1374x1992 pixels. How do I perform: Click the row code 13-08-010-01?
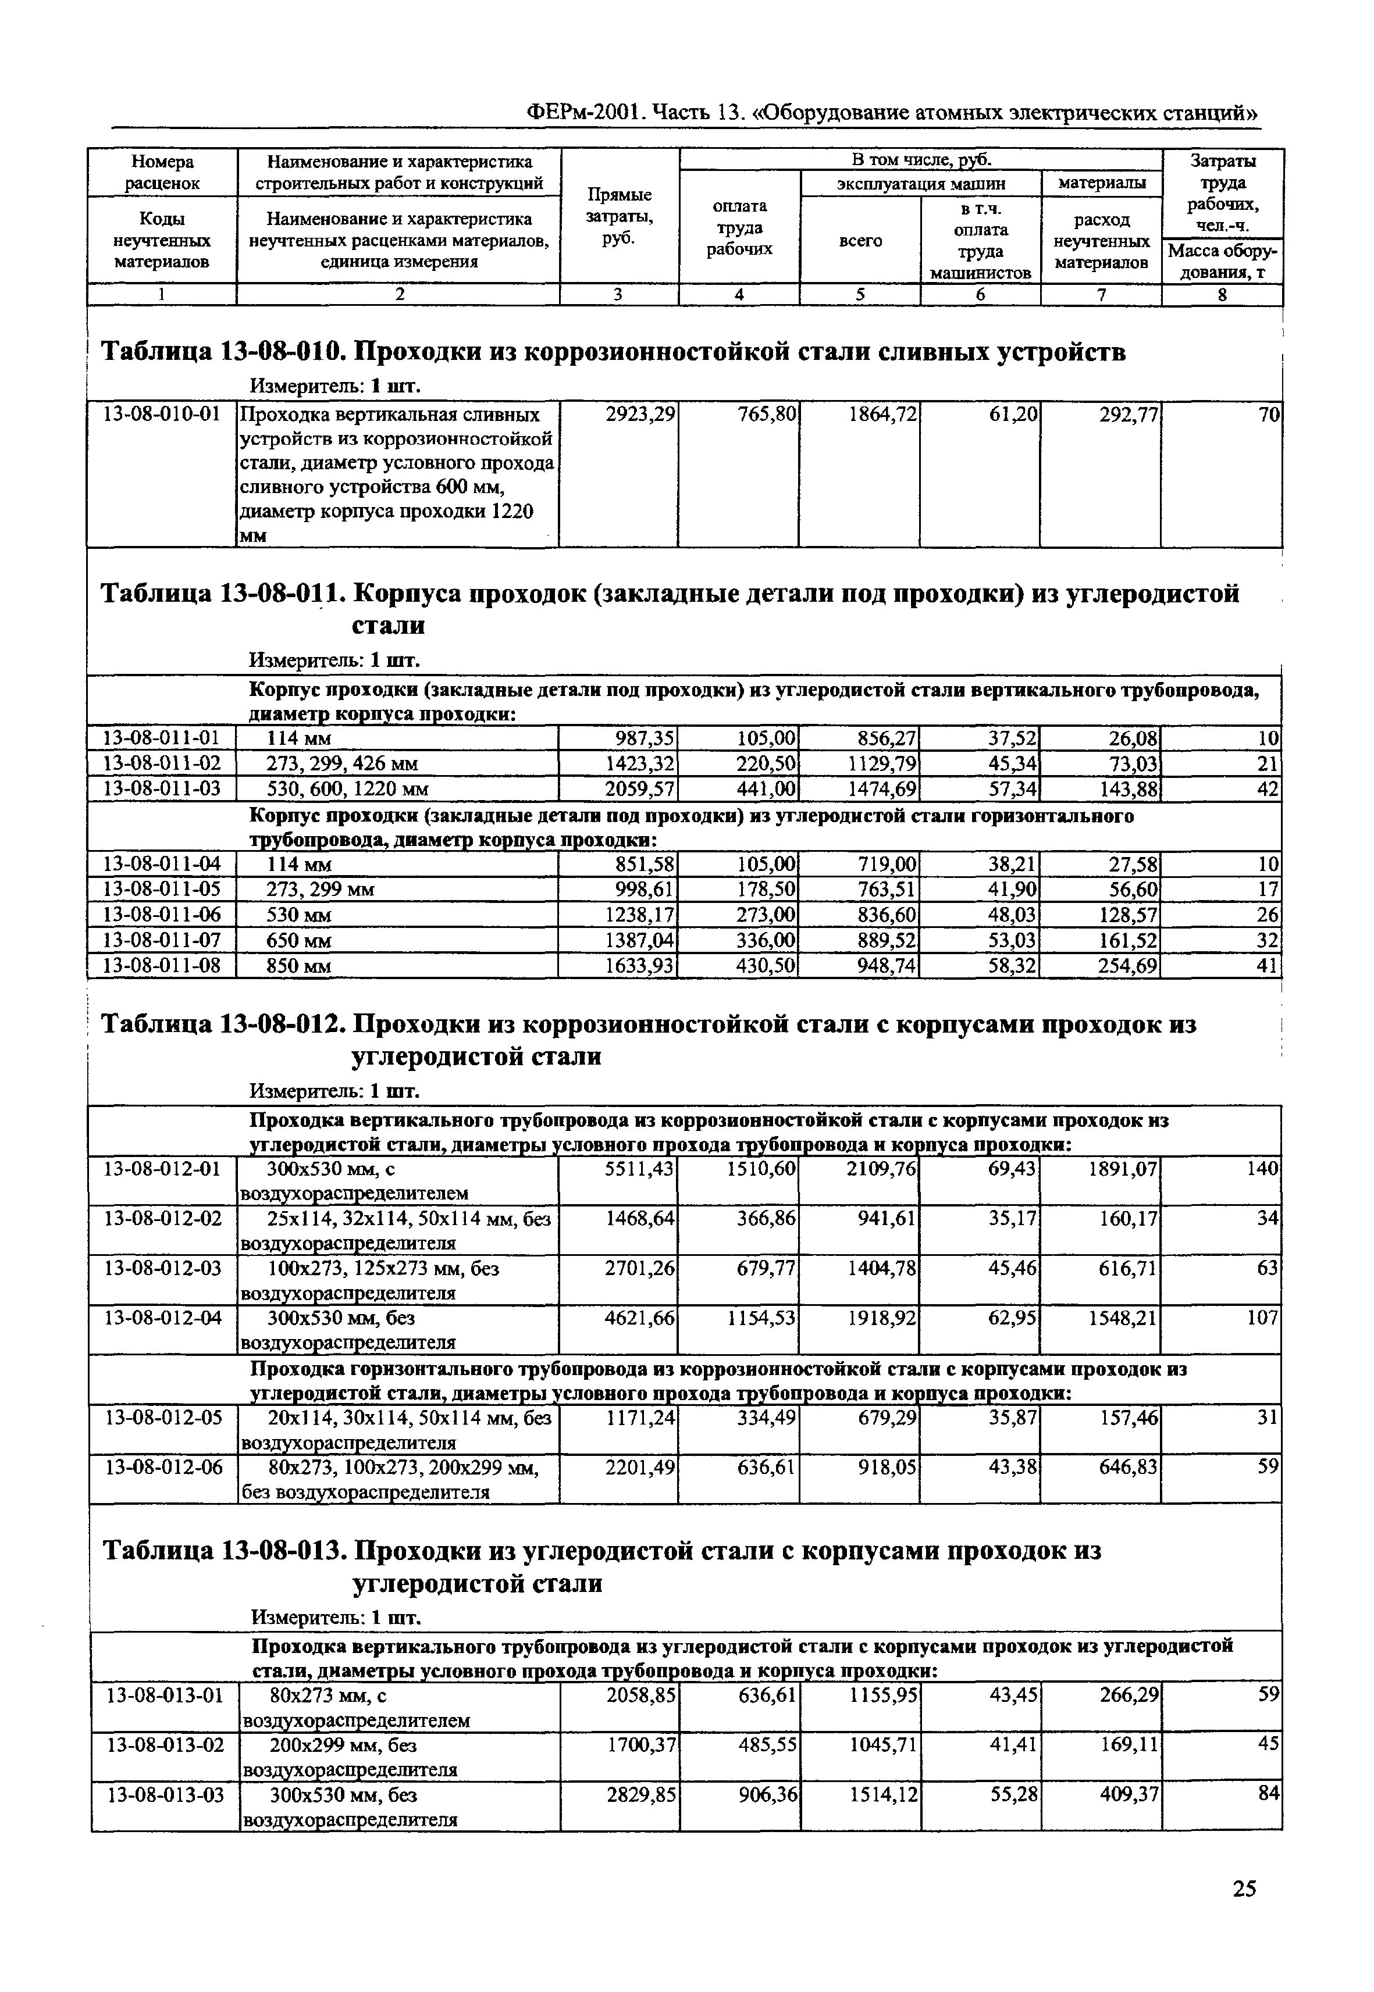pos(161,416)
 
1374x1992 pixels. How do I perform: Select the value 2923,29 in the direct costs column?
pos(640,416)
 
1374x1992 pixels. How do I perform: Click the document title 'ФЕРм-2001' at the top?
pos(585,113)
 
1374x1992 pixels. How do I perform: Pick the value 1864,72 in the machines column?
pos(881,416)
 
